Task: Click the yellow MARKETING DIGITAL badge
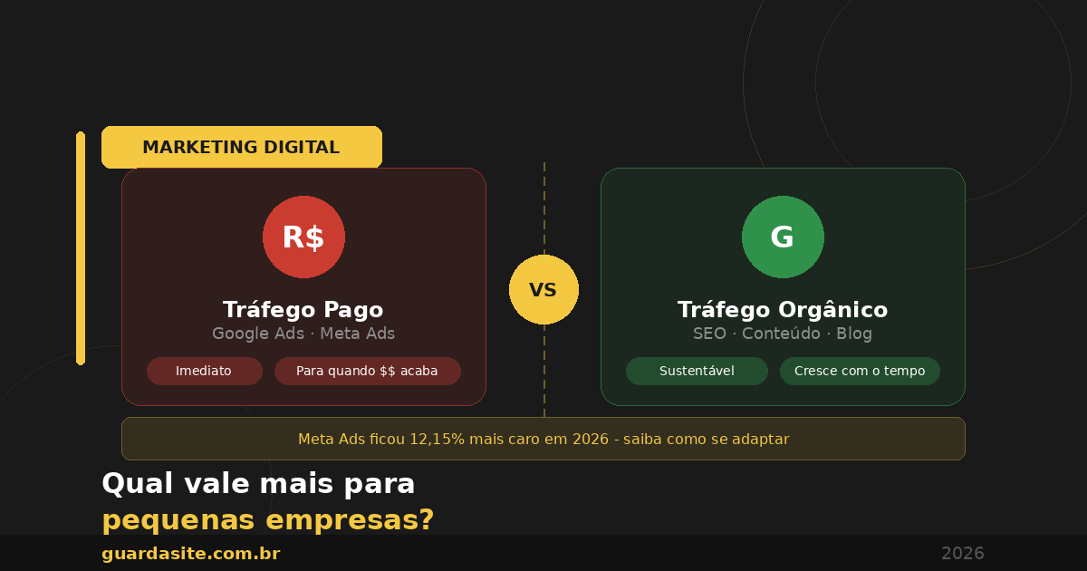point(241,147)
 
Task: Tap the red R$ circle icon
point(303,237)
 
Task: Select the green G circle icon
point(783,237)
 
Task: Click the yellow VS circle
point(543,290)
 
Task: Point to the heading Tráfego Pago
point(303,310)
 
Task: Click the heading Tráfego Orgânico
point(783,310)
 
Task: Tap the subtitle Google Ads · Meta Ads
point(303,334)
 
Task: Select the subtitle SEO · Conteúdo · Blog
point(783,334)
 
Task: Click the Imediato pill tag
point(204,371)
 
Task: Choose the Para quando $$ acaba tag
point(367,371)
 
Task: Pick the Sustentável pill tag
point(697,371)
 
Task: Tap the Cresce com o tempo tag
point(860,371)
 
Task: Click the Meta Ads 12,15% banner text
point(543,439)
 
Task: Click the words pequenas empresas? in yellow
point(268,520)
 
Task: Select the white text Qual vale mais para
point(258,484)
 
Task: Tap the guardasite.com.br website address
point(191,553)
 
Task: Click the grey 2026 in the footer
point(962,553)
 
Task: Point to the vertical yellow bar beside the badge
point(81,248)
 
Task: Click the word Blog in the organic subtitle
point(854,334)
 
